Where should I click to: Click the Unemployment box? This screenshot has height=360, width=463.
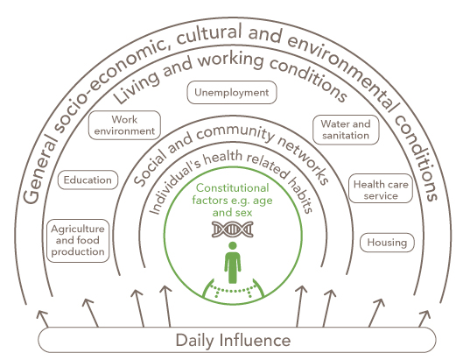(x=232, y=93)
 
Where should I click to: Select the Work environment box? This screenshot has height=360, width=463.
(x=124, y=125)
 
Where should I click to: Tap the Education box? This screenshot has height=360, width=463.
(x=88, y=180)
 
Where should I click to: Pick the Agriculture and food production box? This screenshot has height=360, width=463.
(x=78, y=240)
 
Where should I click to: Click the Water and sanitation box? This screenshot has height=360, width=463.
(x=346, y=130)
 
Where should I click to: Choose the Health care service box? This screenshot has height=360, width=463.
(x=381, y=190)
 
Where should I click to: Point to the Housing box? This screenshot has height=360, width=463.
(x=387, y=243)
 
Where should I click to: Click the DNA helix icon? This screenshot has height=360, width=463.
(x=233, y=229)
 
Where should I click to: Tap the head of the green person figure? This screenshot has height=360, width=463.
(x=233, y=246)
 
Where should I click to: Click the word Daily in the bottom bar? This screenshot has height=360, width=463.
(x=194, y=340)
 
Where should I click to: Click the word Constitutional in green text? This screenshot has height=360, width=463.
(x=233, y=188)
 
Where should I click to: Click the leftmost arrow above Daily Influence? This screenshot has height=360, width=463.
(x=43, y=319)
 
